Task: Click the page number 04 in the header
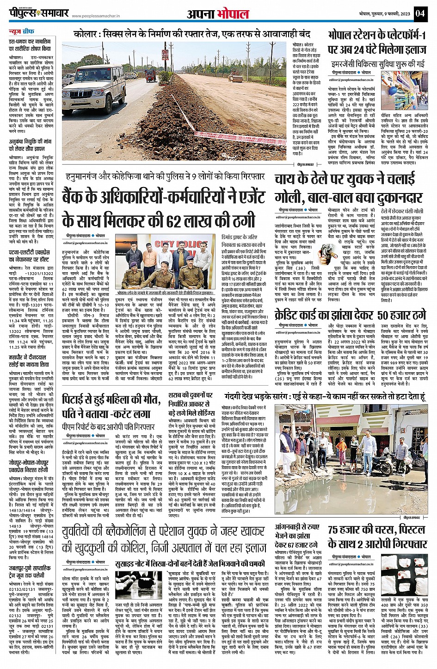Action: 419,13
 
